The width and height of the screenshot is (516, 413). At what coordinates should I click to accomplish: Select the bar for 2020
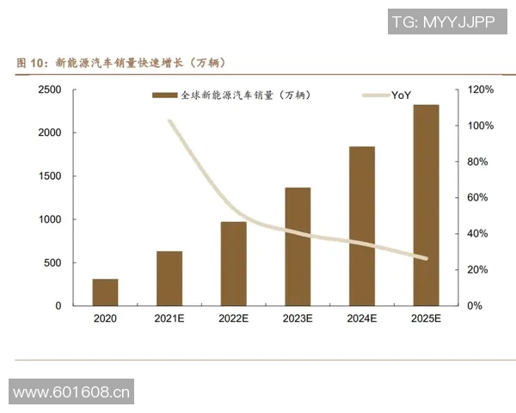(106, 293)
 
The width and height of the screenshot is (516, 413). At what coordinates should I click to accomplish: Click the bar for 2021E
(169, 279)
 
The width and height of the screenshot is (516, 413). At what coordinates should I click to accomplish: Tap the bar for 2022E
(233, 264)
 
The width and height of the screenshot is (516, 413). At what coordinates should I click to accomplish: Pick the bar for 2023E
(298, 247)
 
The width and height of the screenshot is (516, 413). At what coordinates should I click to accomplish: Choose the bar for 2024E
(362, 226)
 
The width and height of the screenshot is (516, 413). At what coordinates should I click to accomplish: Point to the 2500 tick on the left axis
(49, 90)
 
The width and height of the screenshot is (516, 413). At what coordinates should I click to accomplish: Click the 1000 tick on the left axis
(49, 219)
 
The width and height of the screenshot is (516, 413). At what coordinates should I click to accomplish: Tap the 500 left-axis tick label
(52, 263)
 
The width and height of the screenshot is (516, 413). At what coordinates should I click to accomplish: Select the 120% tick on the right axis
(481, 90)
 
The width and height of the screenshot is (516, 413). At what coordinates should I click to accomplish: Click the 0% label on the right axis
(476, 306)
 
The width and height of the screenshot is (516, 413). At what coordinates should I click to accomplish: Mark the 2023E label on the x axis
(298, 319)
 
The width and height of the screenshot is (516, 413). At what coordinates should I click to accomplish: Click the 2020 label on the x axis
(106, 319)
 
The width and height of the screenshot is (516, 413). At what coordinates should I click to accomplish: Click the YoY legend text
(401, 95)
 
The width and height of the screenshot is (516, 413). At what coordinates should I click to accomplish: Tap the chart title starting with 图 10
(120, 63)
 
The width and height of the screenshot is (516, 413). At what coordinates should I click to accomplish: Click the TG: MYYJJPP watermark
(444, 22)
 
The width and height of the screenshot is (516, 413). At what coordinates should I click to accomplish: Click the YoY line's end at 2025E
(425, 258)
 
